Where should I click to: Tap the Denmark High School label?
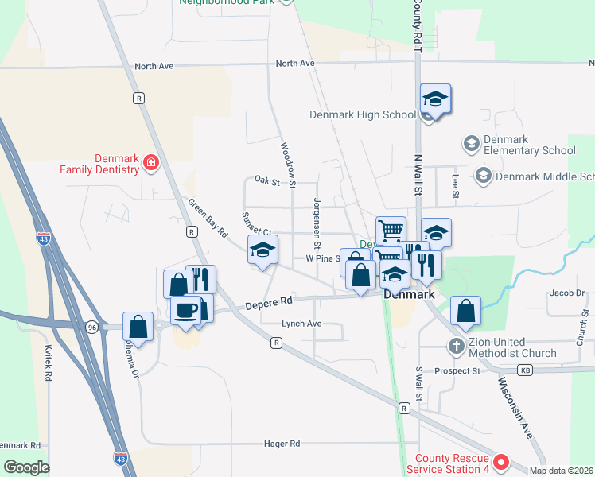point(363,114)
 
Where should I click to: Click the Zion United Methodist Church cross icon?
point(456,346)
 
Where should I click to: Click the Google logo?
point(26,467)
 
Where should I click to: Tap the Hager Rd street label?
point(283,443)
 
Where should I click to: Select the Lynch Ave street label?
point(301,324)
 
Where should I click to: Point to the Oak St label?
point(268,182)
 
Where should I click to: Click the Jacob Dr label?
point(566,293)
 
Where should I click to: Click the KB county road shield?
point(524,370)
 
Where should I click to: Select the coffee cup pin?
point(186,309)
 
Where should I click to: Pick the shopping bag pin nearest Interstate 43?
point(138,325)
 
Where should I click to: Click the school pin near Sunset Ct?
point(262,250)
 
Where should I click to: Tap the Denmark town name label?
point(408,294)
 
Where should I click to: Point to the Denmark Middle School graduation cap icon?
point(482,175)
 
